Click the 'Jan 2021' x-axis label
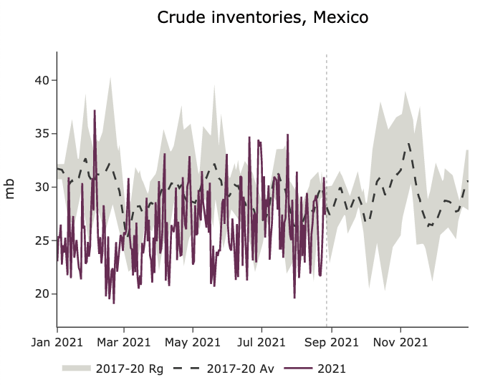[x=57, y=342]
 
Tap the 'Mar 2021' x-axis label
[x=124, y=342]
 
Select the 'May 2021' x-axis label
[x=193, y=342]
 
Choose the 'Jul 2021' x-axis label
[x=261, y=342]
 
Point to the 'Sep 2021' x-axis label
[x=331, y=342]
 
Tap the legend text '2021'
[x=331, y=369]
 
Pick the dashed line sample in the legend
[x=187, y=369]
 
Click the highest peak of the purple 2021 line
[x=95, y=111]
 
